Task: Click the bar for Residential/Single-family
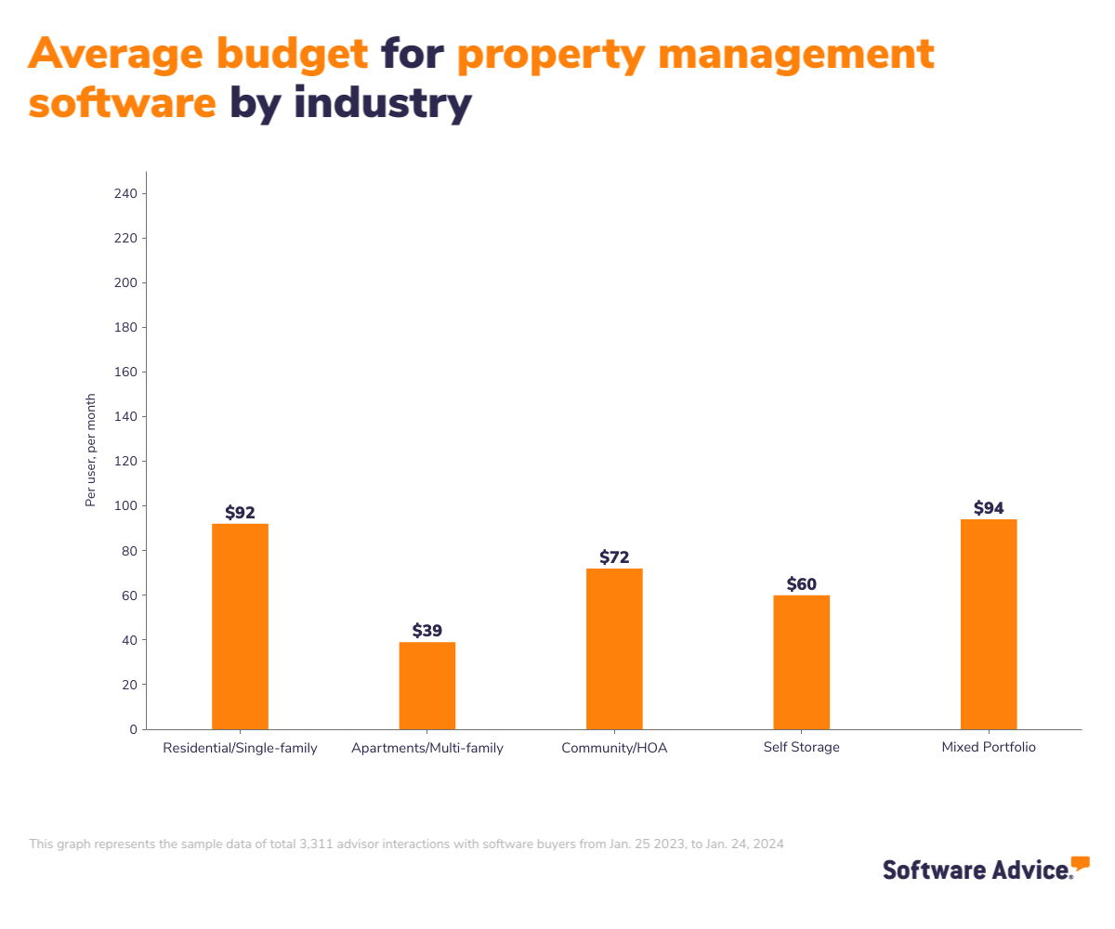(240, 626)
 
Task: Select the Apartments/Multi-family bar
(427, 686)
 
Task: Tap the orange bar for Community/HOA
(614, 648)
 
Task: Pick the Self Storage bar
(801, 661)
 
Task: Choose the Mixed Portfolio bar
(989, 624)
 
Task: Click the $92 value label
(240, 513)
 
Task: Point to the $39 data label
(427, 631)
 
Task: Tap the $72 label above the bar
(614, 557)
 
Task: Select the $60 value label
(801, 584)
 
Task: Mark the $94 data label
(989, 508)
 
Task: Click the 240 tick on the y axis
(126, 194)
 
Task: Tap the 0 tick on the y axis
(133, 729)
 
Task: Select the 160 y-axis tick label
(126, 373)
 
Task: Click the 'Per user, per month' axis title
(91, 451)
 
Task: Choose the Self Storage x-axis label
(801, 748)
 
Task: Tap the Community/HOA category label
(614, 748)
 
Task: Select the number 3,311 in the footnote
(318, 844)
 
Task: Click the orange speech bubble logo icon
(1080, 864)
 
